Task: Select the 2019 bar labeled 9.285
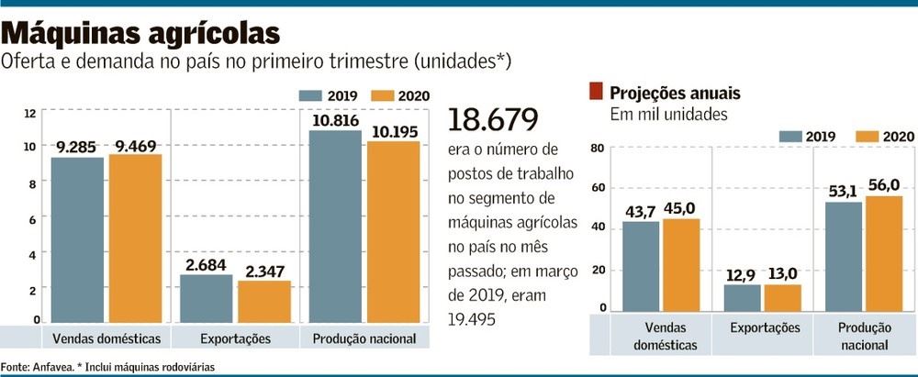[x=77, y=240]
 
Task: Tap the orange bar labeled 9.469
[x=135, y=238]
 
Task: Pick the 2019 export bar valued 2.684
[x=206, y=298]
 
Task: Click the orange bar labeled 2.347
[x=263, y=302]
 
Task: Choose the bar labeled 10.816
[x=335, y=227]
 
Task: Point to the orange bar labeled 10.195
[x=393, y=232]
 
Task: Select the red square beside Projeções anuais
[x=596, y=92]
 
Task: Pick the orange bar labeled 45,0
[x=680, y=265]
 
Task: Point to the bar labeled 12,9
[x=742, y=298]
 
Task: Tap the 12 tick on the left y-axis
[x=29, y=113]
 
